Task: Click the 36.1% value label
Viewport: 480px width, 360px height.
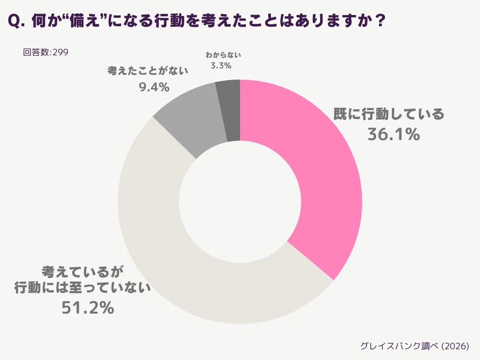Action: [393, 135]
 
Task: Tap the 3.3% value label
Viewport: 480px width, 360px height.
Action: [221, 66]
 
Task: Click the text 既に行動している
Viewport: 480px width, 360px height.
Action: [388, 114]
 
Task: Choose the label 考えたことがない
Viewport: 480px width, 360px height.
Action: [148, 71]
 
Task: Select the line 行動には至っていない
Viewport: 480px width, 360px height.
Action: [82, 288]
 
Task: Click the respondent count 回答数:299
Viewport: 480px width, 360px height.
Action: [45, 52]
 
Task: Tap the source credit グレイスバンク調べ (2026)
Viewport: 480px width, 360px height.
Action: [414, 346]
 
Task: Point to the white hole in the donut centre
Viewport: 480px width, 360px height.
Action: [240, 202]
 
